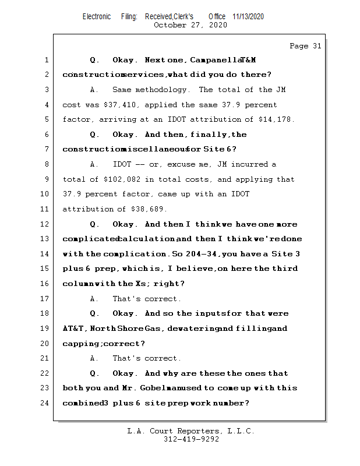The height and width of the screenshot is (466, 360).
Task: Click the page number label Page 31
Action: pos(305,46)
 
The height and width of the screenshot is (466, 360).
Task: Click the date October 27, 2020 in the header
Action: pos(190,25)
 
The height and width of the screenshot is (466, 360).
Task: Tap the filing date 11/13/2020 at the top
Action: pos(248,17)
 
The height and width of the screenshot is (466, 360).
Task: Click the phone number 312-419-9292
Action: pos(191,439)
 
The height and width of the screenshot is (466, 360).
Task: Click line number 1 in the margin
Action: pos(47,60)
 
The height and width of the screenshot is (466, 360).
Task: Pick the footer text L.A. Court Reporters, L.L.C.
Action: pos(191,431)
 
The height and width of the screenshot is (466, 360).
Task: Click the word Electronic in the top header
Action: pos(96,17)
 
